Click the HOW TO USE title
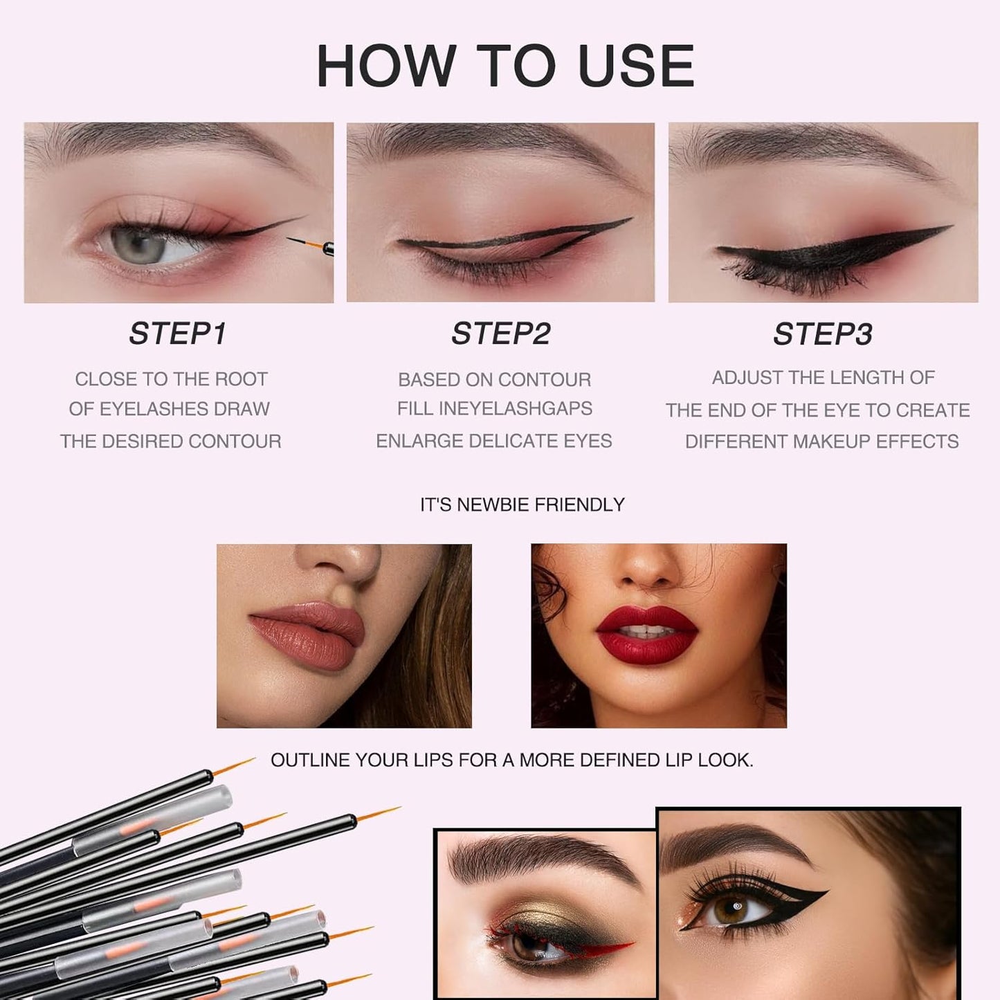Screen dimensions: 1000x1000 [x=505, y=66]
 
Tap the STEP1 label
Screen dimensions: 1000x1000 [x=178, y=334]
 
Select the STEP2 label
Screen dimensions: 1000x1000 [x=500, y=334]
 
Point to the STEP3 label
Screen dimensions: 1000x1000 [x=823, y=334]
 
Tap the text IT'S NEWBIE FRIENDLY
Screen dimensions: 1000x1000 [x=522, y=505]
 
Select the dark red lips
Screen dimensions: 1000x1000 [x=646, y=633]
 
